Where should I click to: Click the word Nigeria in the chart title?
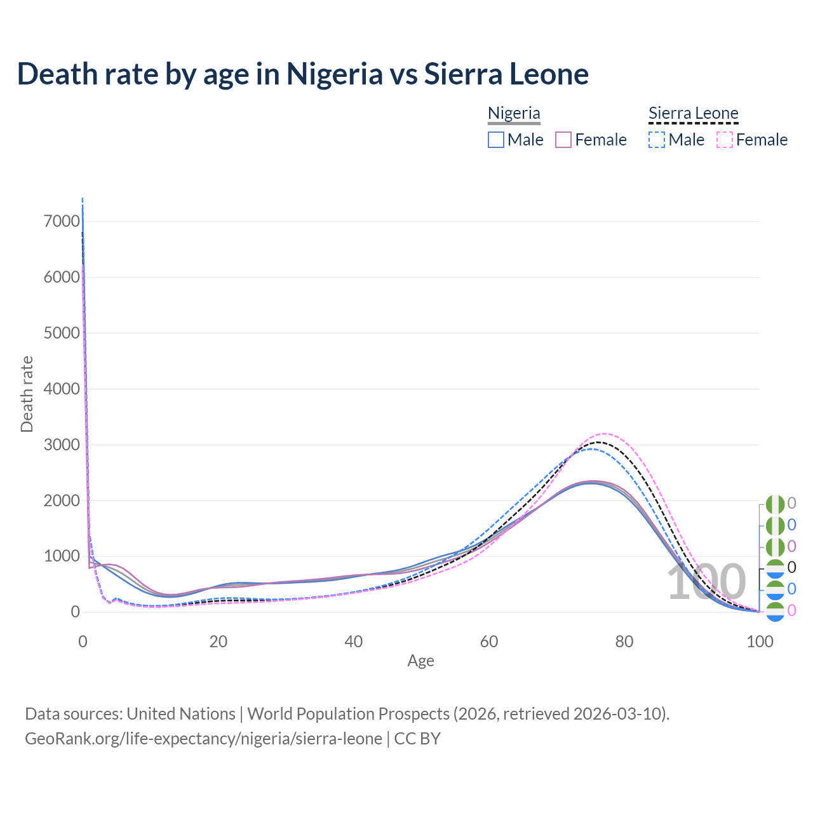point(335,74)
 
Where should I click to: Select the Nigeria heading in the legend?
point(514,114)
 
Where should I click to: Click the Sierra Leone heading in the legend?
point(693,114)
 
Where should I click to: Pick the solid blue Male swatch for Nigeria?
point(496,140)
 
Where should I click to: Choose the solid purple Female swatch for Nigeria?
point(563,140)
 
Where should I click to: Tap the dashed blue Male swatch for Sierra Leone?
point(657,140)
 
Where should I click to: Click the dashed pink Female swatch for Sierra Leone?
point(725,140)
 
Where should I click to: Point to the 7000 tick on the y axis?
point(62,222)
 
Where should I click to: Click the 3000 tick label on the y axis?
point(62,445)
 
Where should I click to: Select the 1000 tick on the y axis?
point(62,556)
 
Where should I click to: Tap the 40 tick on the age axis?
point(354,642)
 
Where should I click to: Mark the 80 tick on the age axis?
point(624,642)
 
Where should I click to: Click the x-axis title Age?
point(420,661)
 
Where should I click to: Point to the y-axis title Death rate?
point(27,394)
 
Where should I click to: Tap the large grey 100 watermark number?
point(706,582)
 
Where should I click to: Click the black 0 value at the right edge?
point(791,567)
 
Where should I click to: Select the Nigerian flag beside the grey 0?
point(776,504)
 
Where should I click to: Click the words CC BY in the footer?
point(417,739)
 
